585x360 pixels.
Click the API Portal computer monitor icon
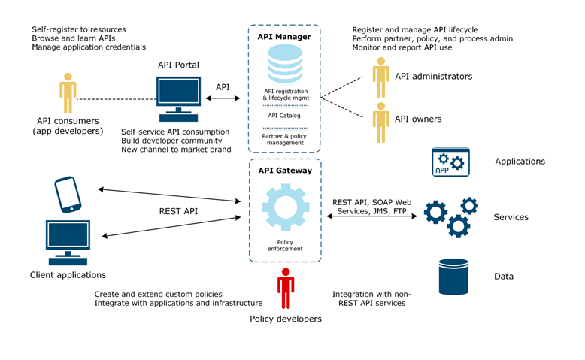179,98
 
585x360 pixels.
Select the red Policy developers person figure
285,288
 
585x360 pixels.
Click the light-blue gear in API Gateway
285,207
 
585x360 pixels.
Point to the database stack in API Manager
284,65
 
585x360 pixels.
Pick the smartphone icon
68,195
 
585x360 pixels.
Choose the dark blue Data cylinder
453,277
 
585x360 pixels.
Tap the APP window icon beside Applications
450,162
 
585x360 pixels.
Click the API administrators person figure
381,77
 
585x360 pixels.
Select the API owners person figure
381,121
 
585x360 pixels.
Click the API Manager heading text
284,36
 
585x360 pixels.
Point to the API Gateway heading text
285,171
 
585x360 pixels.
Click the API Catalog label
284,116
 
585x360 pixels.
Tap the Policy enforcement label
285,245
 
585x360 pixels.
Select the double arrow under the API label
223,98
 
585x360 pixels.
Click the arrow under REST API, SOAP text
371,216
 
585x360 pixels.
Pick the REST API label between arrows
178,211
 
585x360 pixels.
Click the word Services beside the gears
511,217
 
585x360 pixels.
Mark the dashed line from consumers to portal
117,98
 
